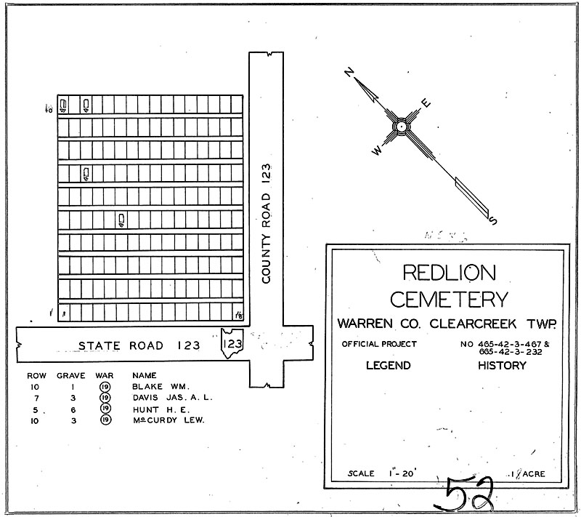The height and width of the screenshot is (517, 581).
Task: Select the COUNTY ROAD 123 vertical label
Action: coord(267,223)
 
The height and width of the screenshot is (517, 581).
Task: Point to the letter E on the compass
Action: coord(426,103)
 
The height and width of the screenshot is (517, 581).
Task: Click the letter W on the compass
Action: coord(377,151)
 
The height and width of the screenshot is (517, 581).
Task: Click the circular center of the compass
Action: coord(399,127)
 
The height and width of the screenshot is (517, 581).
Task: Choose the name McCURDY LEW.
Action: coord(168,420)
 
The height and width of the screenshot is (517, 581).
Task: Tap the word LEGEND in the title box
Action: coord(388,366)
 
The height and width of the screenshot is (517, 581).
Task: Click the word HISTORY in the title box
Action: coord(502,366)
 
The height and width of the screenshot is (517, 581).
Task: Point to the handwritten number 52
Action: coord(468,494)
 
